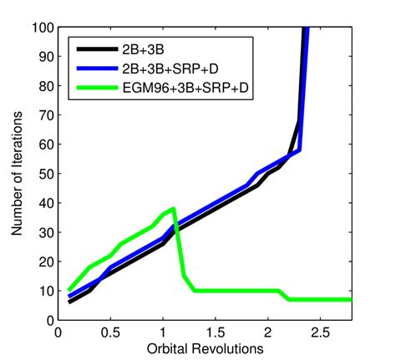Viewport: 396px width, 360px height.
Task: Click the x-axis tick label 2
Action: click(x=267, y=332)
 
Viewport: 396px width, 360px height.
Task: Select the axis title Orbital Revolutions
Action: click(x=206, y=347)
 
